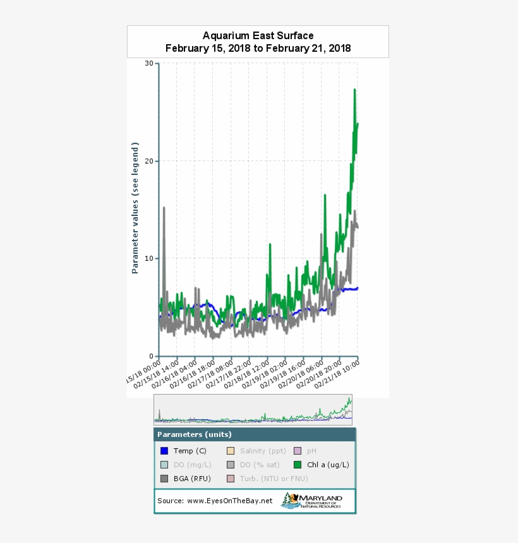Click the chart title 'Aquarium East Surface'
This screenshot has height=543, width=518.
point(258,36)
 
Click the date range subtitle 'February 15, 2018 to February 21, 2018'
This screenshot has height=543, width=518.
point(258,49)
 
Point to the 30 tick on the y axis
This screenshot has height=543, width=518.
point(149,63)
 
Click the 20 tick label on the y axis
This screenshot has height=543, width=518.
point(149,161)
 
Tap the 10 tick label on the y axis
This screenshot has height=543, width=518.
point(149,258)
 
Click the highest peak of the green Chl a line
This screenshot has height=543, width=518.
point(355,90)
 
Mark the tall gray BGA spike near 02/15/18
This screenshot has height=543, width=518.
point(164,208)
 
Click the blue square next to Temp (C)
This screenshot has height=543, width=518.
point(164,451)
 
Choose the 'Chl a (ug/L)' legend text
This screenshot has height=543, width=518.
point(328,465)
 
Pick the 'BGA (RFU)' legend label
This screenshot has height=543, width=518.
point(192,479)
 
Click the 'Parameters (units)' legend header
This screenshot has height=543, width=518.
point(195,434)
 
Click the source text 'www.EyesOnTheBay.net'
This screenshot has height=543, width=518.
point(231,501)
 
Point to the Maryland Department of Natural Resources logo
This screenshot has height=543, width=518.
point(312,501)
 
